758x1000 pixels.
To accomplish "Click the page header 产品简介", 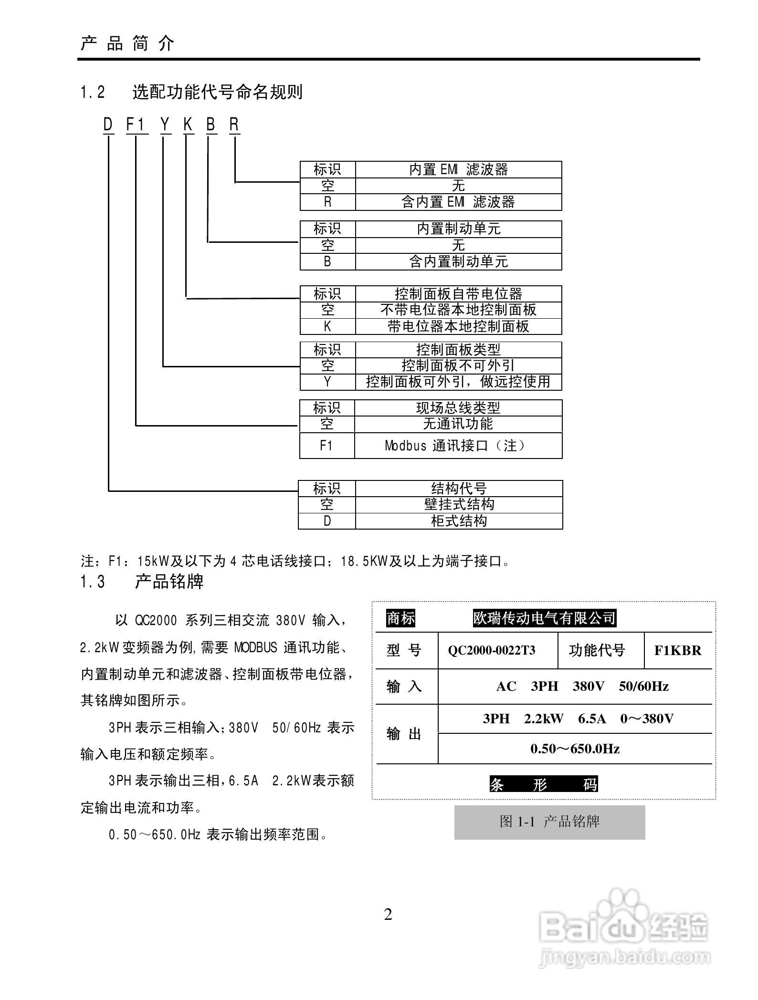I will pyautogui.click(x=127, y=44).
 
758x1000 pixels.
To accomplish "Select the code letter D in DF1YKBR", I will pyautogui.click(x=108, y=125).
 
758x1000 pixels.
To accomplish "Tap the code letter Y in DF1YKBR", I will pyautogui.click(x=165, y=125).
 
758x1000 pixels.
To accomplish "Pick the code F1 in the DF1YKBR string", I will pyautogui.click(x=136, y=125).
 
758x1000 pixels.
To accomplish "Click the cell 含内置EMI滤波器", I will pyautogui.click(x=458, y=202).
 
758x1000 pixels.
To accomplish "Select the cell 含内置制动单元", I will pyautogui.click(x=458, y=261).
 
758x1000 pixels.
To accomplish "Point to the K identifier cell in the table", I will pyautogui.click(x=327, y=326).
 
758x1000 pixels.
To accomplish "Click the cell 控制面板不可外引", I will pyautogui.click(x=458, y=365).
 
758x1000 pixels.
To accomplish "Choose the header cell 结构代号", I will pyautogui.click(x=459, y=489).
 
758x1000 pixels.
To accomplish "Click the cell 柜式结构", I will pyautogui.click(x=459, y=521).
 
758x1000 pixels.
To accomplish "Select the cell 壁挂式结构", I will pyautogui.click(x=459, y=504).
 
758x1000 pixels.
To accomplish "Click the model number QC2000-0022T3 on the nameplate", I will pyautogui.click(x=492, y=650).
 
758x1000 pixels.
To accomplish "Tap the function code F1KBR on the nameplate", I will pyautogui.click(x=678, y=650).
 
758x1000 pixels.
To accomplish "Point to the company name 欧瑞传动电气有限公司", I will pyautogui.click(x=544, y=618).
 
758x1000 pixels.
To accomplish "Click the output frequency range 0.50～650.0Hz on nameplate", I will pyautogui.click(x=575, y=749).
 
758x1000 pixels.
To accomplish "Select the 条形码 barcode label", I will pyautogui.click(x=544, y=784).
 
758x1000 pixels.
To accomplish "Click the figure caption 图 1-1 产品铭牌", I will pyautogui.click(x=549, y=821).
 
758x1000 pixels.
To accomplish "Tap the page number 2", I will pyautogui.click(x=388, y=915).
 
